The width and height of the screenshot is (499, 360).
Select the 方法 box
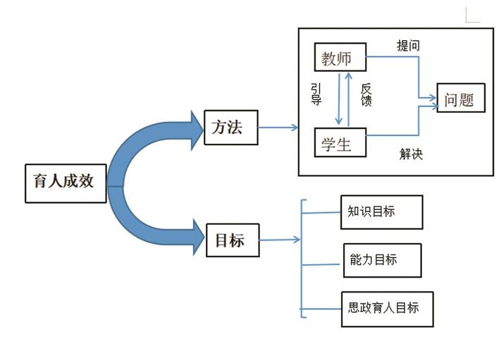pos(230,128)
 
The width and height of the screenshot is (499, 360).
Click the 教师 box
pos(340,58)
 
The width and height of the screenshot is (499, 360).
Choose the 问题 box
pos(462,99)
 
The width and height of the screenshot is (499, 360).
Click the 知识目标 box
pos(381,212)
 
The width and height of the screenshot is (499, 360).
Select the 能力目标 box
pos(381,260)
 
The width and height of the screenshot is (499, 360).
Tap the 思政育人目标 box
pos(386,308)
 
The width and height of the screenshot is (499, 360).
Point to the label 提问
pos(408,46)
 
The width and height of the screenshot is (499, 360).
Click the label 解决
pos(411,154)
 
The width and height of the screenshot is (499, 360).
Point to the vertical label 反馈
pos(366,95)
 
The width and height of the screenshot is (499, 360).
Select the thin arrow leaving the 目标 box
pos(280,240)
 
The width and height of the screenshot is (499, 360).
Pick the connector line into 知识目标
pos(321,211)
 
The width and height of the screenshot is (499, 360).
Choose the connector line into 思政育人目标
pos(321,309)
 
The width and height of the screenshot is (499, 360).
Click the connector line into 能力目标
pos(321,264)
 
